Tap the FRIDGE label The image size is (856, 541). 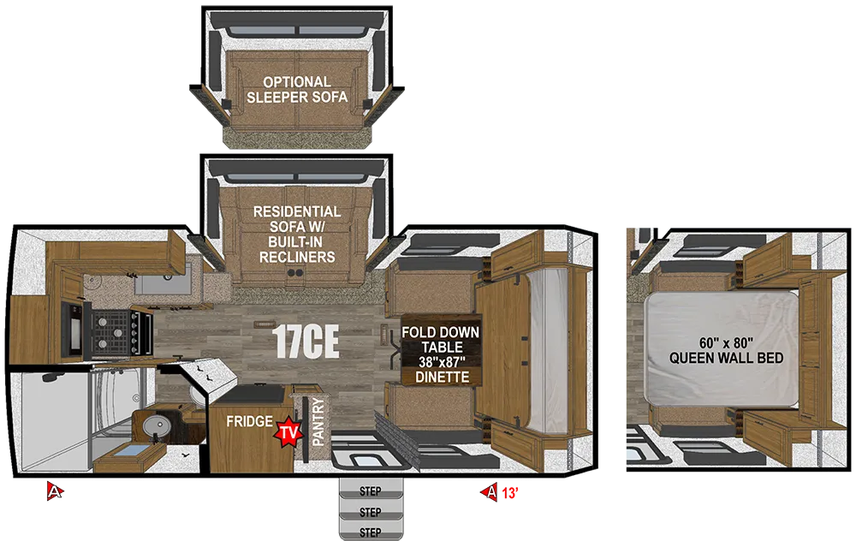point(249,421)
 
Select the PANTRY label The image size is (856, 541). point(318,421)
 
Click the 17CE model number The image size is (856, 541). point(306,342)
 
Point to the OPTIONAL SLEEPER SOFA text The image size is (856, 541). point(297,90)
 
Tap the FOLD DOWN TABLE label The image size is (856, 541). point(441,340)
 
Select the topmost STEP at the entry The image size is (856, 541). point(371,491)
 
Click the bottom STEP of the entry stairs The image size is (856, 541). point(371,532)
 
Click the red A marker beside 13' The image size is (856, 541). point(489,492)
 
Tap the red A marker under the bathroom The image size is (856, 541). point(55,491)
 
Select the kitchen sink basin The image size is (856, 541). point(163,282)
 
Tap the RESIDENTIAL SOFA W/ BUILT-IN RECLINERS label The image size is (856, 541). point(297,235)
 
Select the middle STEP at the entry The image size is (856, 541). point(371,512)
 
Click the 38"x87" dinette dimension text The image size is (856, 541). point(442,362)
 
